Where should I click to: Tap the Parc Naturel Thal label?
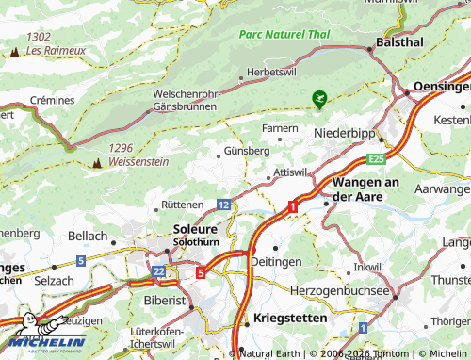[x=284, y=33]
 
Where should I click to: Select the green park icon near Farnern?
[x=319, y=97]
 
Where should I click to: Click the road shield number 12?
[x=222, y=204]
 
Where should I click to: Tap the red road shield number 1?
[x=293, y=205]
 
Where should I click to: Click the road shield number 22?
[x=158, y=270]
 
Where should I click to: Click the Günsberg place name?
[x=248, y=150]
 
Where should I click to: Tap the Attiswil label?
[x=289, y=173]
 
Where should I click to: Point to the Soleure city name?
[x=196, y=229]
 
